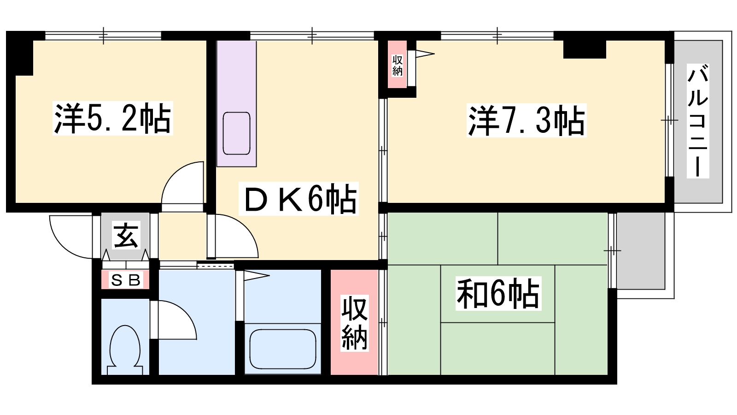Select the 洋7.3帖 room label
coord(526,120)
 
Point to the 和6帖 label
coord(498,293)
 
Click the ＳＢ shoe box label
coord(126,280)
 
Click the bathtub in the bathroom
coord(282,348)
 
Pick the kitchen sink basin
coord(236,133)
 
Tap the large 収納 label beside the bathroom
coord(354,324)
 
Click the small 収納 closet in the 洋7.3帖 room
coord(397,65)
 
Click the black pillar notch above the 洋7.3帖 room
coord(584,49)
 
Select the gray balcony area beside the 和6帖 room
coord(641,251)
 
